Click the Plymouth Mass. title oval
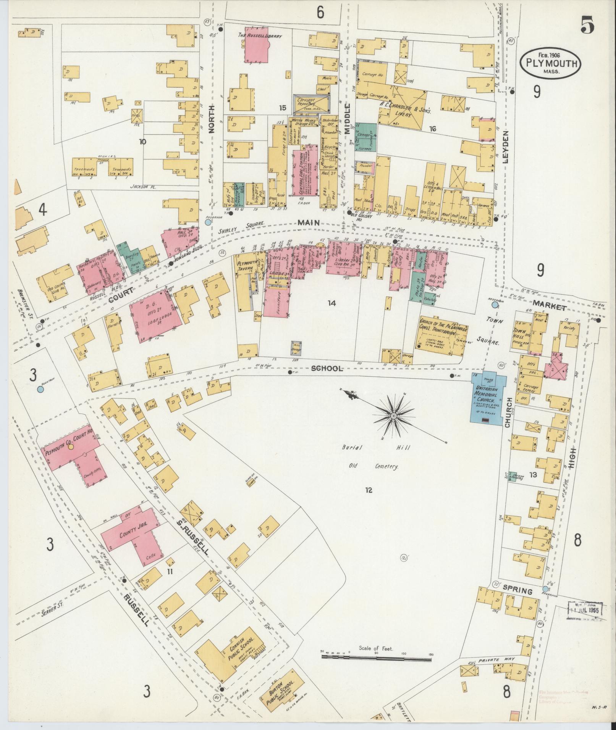point(550,63)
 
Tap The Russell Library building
point(257,45)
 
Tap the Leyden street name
point(506,147)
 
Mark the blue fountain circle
point(40,389)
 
